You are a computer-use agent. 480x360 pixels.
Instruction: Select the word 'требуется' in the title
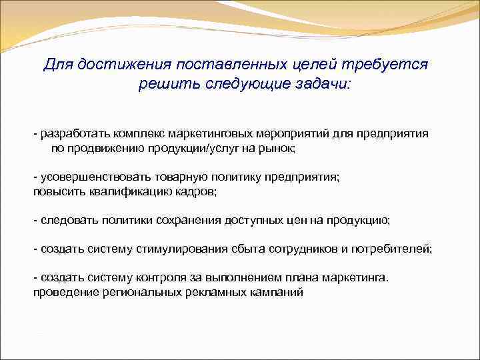(391, 65)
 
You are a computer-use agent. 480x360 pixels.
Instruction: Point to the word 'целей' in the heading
(316, 65)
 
